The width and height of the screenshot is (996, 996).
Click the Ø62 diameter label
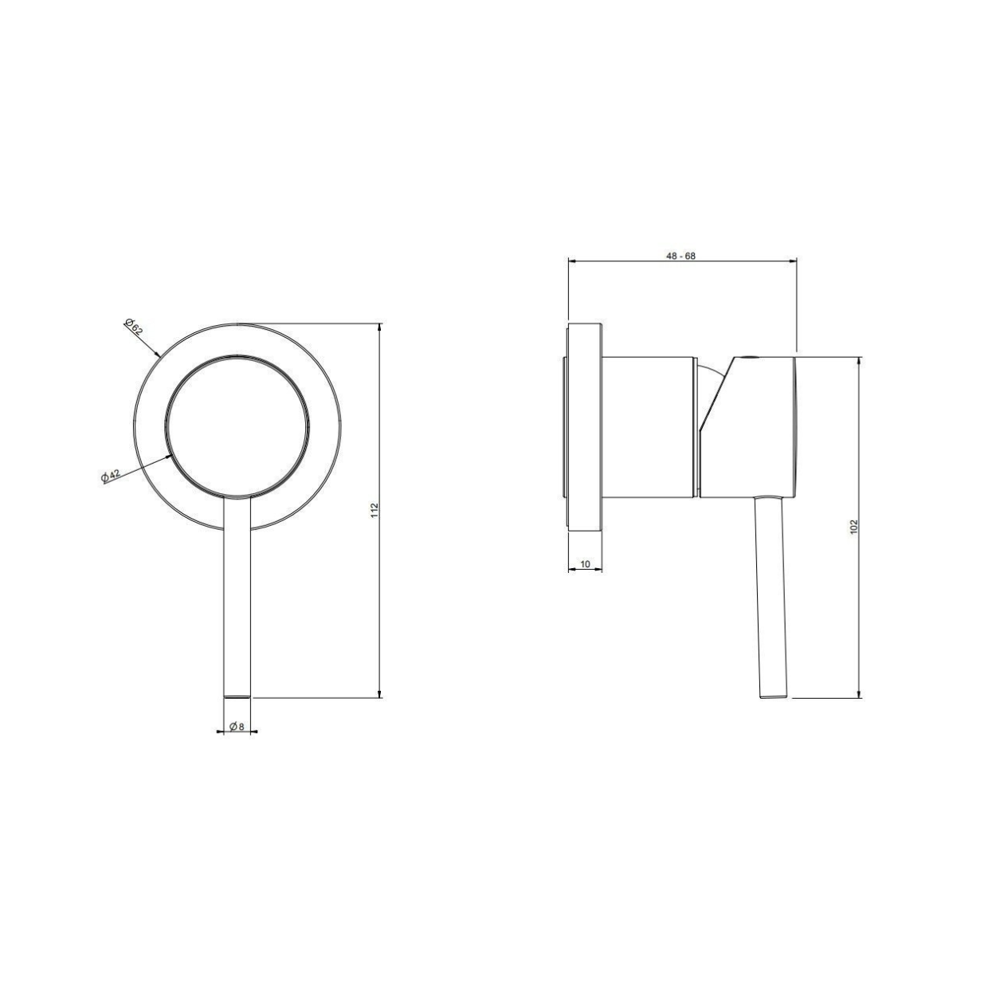(x=133, y=327)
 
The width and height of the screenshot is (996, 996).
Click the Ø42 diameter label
(x=111, y=476)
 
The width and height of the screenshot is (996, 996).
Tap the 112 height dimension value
(x=375, y=510)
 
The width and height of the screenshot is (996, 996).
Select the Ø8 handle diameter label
(x=236, y=726)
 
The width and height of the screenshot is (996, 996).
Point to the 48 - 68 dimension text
(x=680, y=257)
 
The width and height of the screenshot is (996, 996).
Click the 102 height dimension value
(x=853, y=526)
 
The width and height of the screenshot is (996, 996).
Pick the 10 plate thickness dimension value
(x=585, y=564)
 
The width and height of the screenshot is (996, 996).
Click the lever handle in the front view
(x=237, y=597)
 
